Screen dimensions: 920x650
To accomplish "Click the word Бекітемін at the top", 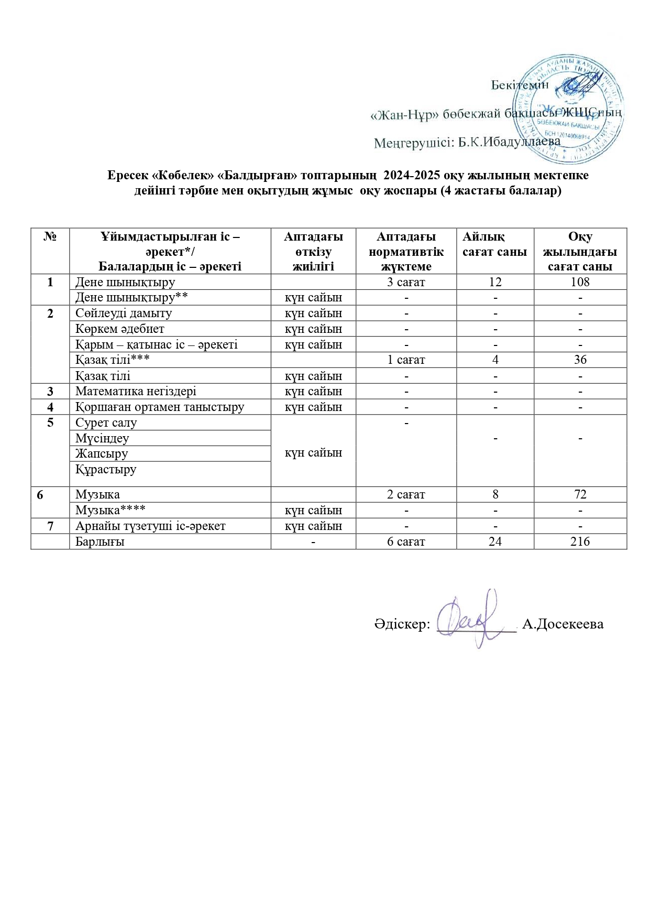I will pyautogui.click(x=520, y=85).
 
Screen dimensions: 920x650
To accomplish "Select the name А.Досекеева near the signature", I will pyautogui.click(x=563, y=624).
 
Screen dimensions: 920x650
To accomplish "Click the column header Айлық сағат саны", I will pyautogui.click(x=494, y=244).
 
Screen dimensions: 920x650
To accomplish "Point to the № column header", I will pyautogui.click(x=50, y=237).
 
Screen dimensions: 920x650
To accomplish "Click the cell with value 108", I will pyautogui.click(x=580, y=282).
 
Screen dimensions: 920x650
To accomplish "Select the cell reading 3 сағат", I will pyautogui.click(x=406, y=282).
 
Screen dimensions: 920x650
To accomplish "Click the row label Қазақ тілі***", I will pyautogui.click(x=113, y=360).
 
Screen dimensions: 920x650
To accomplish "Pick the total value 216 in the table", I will pyautogui.click(x=580, y=542).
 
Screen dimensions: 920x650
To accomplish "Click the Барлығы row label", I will pyautogui.click(x=100, y=542).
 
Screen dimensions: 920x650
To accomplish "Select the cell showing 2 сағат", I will pyautogui.click(x=406, y=494).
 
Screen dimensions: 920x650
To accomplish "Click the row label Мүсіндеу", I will pyautogui.click(x=102, y=438).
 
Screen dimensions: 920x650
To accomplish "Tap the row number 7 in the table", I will pyautogui.click(x=50, y=526).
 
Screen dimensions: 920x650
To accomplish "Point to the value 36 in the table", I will pyautogui.click(x=580, y=360).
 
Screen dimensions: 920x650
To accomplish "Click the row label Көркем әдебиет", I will pyautogui.click(x=120, y=329).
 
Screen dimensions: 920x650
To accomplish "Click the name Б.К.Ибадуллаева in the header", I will pyautogui.click(x=509, y=142).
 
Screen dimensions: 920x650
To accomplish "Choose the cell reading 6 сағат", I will pyautogui.click(x=406, y=542).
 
